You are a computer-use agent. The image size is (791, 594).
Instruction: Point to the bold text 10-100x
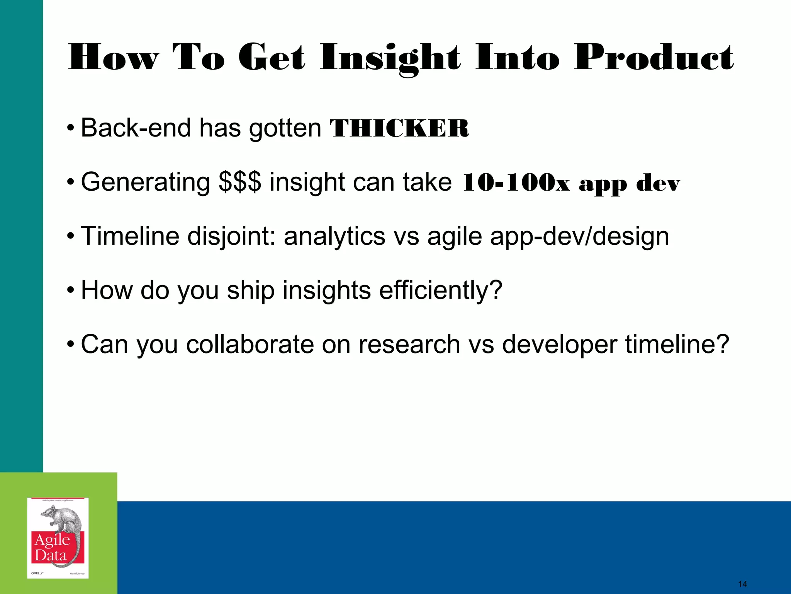[515, 183]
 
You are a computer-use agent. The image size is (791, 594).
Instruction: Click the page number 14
[742, 584]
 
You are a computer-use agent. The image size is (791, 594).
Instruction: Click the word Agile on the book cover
[52, 540]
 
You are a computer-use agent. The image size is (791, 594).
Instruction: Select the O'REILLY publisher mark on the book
[37, 573]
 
